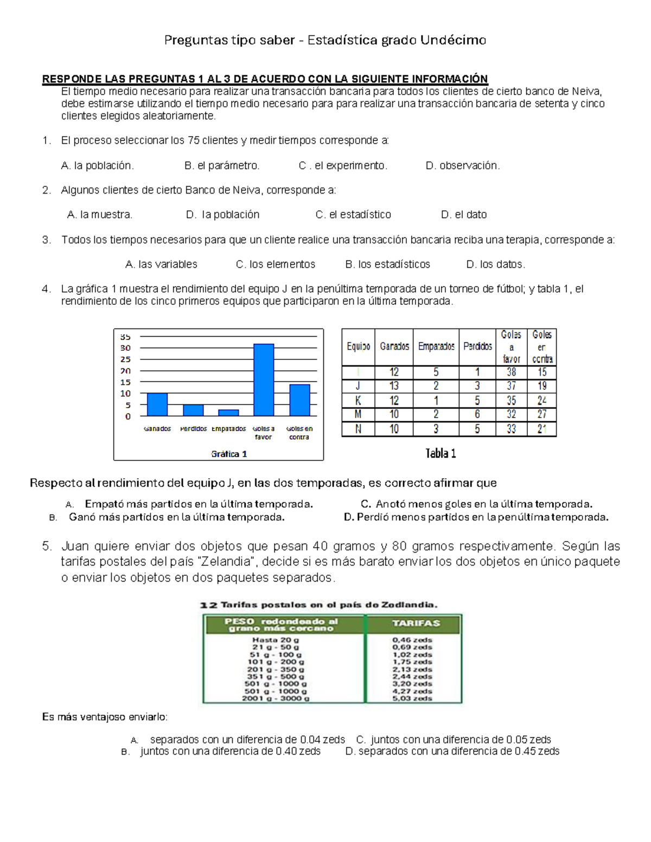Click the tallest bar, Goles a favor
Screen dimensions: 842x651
tap(264, 380)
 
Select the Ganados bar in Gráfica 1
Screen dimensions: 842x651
tap(157, 404)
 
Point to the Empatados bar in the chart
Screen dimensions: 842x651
tap(228, 413)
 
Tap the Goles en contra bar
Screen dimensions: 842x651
tap(299, 400)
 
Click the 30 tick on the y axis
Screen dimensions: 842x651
tap(125, 348)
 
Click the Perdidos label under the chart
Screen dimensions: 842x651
tap(193, 429)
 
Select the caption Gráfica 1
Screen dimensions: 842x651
tap(229, 454)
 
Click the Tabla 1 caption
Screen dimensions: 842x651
tap(441, 453)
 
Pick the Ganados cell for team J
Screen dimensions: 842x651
tap(394, 386)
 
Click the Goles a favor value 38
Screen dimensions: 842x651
tap(511, 372)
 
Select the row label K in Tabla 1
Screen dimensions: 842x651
tap(358, 401)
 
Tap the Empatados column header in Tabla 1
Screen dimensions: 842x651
tap(436, 346)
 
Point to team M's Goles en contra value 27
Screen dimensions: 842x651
tap(541, 414)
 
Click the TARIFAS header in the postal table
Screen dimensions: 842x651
tap(416, 624)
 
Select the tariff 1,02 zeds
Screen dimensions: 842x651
tap(412, 654)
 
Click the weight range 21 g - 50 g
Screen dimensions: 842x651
tap(276, 647)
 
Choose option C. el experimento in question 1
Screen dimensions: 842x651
tap(343, 166)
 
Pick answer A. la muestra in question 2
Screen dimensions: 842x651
tap(100, 215)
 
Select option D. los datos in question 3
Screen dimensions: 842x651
tap(496, 265)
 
